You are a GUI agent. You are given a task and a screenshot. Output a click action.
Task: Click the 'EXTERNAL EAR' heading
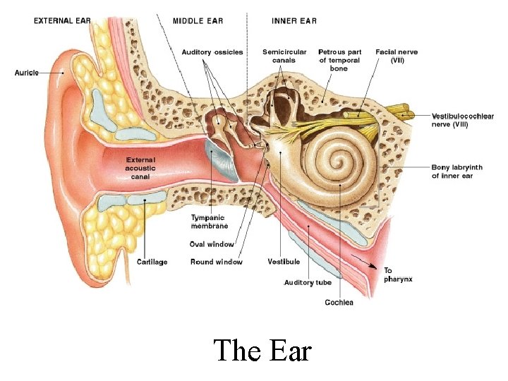click(x=62, y=21)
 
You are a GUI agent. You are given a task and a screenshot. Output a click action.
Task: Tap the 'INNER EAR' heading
click(x=294, y=21)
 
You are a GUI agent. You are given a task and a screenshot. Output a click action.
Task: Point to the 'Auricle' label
click(x=27, y=73)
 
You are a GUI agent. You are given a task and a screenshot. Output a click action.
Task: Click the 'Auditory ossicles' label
click(x=212, y=52)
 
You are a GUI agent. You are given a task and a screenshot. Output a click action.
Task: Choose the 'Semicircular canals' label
click(x=284, y=56)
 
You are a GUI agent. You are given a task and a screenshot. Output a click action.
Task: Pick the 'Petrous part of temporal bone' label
click(x=340, y=60)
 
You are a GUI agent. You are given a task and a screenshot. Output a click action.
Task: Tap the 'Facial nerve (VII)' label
click(x=397, y=56)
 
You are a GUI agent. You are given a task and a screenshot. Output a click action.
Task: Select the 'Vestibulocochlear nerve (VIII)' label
click(x=462, y=120)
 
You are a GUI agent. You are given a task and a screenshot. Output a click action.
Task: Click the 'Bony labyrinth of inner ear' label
click(x=457, y=171)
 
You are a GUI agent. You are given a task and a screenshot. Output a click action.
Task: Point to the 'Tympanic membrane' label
click(x=210, y=222)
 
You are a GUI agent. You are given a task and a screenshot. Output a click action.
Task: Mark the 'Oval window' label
click(x=212, y=244)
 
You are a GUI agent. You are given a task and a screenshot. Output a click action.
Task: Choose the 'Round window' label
click(x=216, y=262)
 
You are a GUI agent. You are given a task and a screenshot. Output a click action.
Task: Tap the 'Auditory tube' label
click(x=308, y=282)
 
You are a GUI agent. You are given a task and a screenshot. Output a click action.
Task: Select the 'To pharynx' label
click(x=398, y=274)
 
